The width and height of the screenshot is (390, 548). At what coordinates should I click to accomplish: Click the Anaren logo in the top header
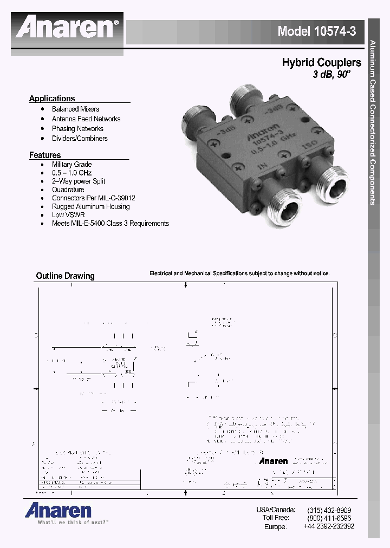[68, 28]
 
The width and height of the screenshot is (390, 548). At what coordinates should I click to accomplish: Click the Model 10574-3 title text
[316, 31]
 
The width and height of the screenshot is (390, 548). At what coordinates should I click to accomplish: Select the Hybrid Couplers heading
[321, 63]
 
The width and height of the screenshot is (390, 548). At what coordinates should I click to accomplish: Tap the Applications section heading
[52, 99]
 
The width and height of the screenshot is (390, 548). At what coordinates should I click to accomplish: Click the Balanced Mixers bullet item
[75, 109]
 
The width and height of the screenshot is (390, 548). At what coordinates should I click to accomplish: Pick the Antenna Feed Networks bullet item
[86, 119]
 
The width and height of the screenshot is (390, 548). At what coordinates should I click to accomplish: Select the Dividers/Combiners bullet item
[80, 138]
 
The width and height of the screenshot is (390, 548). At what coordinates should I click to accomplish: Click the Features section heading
[45, 155]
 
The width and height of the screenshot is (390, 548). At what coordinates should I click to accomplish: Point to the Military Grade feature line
[71, 164]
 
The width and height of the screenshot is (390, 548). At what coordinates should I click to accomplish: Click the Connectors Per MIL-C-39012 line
[93, 198]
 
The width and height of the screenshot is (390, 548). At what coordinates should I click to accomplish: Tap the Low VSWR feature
[68, 215]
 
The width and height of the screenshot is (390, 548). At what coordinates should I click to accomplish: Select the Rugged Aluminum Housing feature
[90, 206]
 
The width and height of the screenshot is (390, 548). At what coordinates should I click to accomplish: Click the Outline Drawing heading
[65, 276]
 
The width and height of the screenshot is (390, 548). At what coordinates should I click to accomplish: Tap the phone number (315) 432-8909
[329, 510]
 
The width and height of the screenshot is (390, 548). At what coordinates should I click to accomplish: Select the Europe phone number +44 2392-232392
[329, 526]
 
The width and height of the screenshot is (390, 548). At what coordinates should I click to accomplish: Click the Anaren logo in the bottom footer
[57, 510]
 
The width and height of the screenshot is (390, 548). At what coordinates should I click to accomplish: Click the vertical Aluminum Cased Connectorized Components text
[373, 122]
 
